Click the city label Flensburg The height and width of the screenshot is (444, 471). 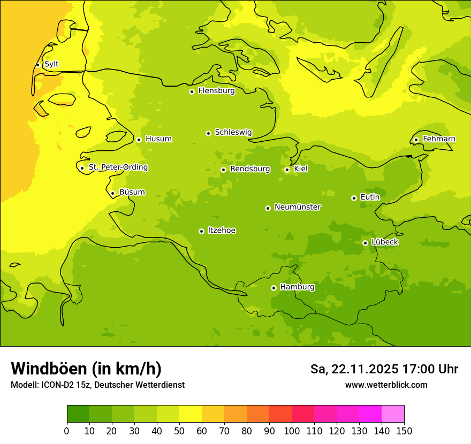tap(216, 91)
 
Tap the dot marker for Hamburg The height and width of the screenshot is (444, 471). tap(274, 288)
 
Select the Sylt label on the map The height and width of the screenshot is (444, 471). tap(51, 64)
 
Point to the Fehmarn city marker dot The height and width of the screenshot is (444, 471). tap(416, 140)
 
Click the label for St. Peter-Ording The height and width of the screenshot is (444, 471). tap(118, 167)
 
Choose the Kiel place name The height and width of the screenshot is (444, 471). tap(301, 169)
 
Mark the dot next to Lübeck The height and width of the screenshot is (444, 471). tap(365, 243)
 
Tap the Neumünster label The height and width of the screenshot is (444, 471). tap(297, 207)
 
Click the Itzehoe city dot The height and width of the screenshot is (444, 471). tap(201, 231)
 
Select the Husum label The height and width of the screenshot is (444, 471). tap(158, 139)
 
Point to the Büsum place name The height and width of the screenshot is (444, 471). tap(132, 193)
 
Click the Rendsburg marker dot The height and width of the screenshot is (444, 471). tap(223, 170)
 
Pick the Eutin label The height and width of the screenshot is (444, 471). tap(370, 197)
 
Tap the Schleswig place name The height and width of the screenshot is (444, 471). tap(233, 133)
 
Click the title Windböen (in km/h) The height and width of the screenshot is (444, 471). tap(86, 369)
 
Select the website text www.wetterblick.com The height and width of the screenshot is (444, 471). tap(386, 385)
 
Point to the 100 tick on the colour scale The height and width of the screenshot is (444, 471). tap(292, 431)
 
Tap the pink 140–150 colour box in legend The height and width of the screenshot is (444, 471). tap(393, 414)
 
